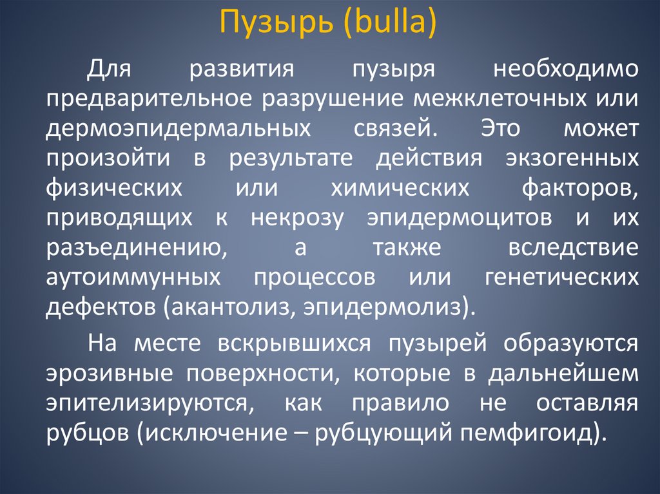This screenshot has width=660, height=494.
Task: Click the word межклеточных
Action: coord(494,100)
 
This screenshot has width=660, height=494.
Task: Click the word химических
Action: coord(398,188)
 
